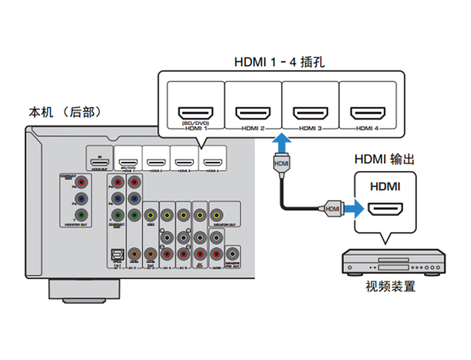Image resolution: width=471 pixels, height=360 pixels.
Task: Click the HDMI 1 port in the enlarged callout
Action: pyautogui.click(x=192, y=113)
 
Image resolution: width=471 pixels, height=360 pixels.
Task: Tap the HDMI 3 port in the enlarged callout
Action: pyautogui.click(x=310, y=113)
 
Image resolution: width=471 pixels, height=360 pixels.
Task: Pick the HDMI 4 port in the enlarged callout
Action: pyautogui.click(x=367, y=113)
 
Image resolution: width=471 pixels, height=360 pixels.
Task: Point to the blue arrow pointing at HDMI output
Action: pyautogui.click(x=356, y=209)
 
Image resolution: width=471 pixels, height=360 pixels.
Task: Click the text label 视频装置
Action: pyautogui.click(x=390, y=286)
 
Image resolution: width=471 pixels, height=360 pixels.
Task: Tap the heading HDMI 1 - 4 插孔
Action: pyautogui.click(x=279, y=62)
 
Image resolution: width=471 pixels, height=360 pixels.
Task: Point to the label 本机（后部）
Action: pyautogui.click(x=64, y=113)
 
